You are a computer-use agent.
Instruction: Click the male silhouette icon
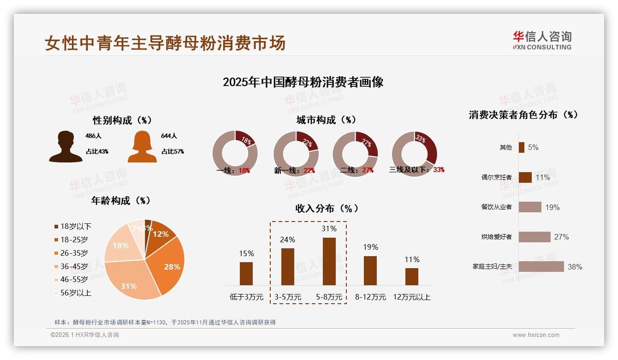click(x=66, y=147)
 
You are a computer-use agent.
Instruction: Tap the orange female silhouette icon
click(x=142, y=147)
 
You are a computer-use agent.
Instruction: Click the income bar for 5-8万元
click(x=329, y=261)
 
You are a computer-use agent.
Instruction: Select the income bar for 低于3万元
click(x=246, y=273)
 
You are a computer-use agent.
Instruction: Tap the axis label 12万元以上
click(x=411, y=297)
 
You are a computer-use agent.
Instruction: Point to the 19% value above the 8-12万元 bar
click(x=370, y=247)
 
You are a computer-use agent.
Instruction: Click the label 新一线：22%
click(x=294, y=170)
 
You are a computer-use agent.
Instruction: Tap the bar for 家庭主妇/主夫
click(x=541, y=266)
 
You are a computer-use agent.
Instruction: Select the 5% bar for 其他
click(x=521, y=147)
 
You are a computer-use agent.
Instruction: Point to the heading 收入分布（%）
click(x=327, y=208)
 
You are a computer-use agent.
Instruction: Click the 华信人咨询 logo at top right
click(x=542, y=40)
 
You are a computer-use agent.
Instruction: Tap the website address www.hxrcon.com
click(x=536, y=335)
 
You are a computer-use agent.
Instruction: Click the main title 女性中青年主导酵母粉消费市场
click(x=165, y=43)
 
